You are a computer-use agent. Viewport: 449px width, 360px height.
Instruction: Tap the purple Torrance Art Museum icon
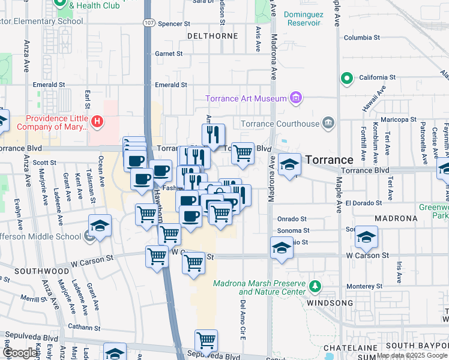tap(295, 97)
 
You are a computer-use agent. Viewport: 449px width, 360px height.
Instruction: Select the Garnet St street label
tap(169, 54)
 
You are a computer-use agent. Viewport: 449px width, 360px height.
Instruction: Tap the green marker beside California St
tap(346, 78)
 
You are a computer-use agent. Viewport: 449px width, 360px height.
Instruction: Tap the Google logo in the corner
tap(19, 353)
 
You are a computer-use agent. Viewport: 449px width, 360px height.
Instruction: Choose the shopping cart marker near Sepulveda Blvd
tap(206, 340)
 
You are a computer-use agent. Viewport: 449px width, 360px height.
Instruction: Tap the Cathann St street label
tap(83, 328)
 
